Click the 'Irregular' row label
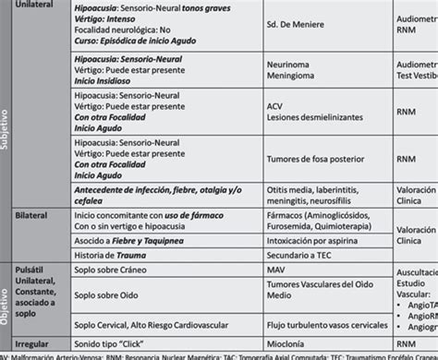click(x=36, y=341)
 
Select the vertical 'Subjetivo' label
click(x=7, y=138)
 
